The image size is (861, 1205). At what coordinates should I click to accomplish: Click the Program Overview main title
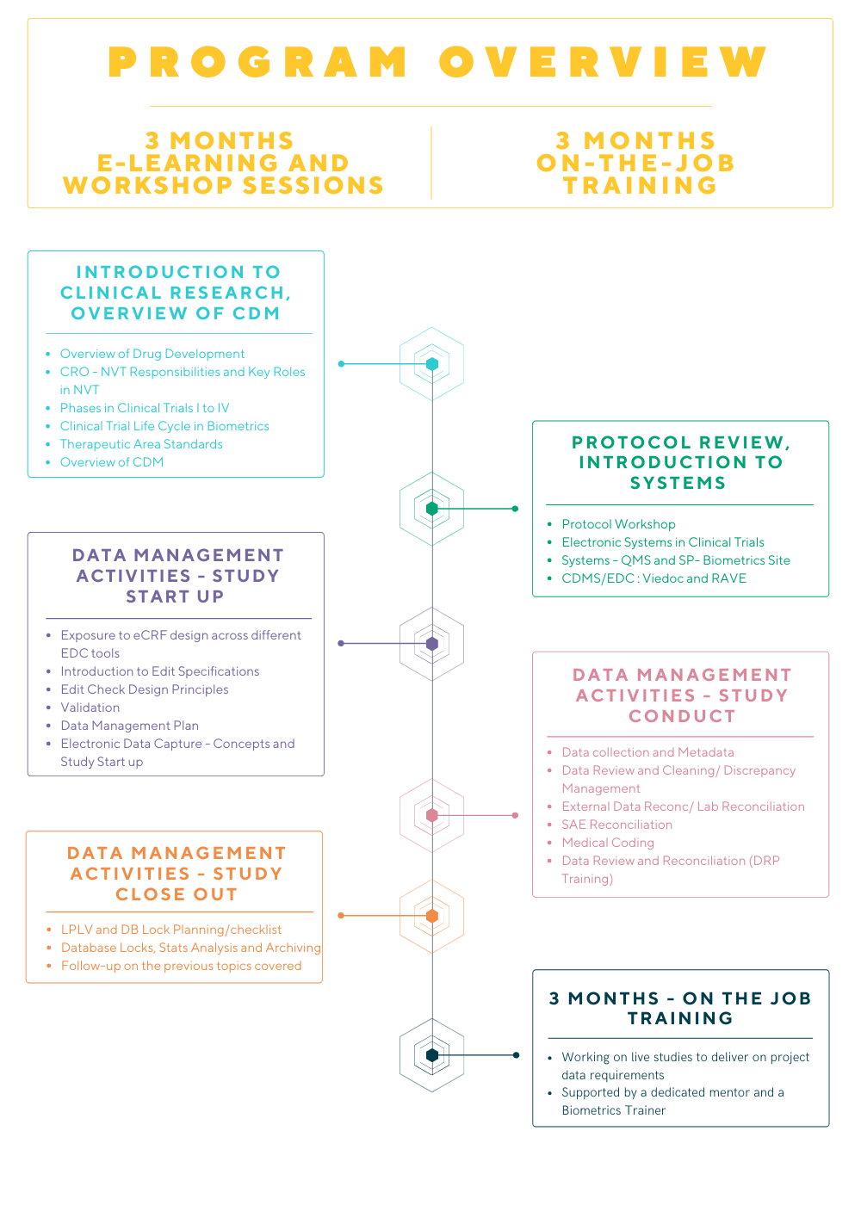pyautogui.click(x=437, y=62)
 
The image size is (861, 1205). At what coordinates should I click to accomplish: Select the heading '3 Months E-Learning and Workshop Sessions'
pyautogui.click(x=223, y=163)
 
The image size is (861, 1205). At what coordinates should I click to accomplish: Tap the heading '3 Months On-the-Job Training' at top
pyautogui.click(x=636, y=163)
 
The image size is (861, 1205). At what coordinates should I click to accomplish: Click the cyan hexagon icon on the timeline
pyautogui.click(x=432, y=364)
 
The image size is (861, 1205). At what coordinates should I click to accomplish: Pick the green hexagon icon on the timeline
pyautogui.click(x=432, y=509)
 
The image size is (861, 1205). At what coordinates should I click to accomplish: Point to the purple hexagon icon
pyautogui.click(x=432, y=643)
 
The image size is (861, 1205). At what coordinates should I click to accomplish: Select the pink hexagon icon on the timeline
pyautogui.click(x=432, y=815)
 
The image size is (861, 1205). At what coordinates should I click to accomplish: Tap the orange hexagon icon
pyautogui.click(x=432, y=916)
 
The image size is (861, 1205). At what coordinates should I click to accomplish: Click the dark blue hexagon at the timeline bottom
pyautogui.click(x=432, y=1055)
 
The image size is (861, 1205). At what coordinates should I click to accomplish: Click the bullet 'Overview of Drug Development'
pyautogui.click(x=152, y=354)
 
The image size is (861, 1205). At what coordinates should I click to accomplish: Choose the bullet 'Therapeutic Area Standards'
pyautogui.click(x=141, y=444)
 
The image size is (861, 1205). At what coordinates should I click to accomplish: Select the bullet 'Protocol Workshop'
pyautogui.click(x=618, y=524)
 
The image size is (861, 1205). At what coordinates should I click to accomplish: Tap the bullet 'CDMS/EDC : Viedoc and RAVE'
pyautogui.click(x=653, y=578)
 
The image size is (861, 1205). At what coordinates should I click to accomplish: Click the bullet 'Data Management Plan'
pyautogui.click(x=129, y=726)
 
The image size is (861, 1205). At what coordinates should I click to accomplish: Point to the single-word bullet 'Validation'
pyautogui.click(x=90, y=708)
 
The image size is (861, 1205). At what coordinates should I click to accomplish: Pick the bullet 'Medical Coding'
pyautogui.click(x=608, y=843)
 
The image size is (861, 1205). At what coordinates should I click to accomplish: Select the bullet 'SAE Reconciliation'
pyautogui.click(x=616, y=825)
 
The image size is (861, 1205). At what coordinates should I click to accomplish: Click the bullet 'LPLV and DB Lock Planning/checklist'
pyautogui.click(x=171, y=930)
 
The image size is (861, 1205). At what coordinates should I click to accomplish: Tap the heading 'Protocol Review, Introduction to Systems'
pyautogui.click(x=680, y=462)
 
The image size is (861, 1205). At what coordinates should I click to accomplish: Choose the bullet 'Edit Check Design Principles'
pyautogui.click(x=144, y=689)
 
